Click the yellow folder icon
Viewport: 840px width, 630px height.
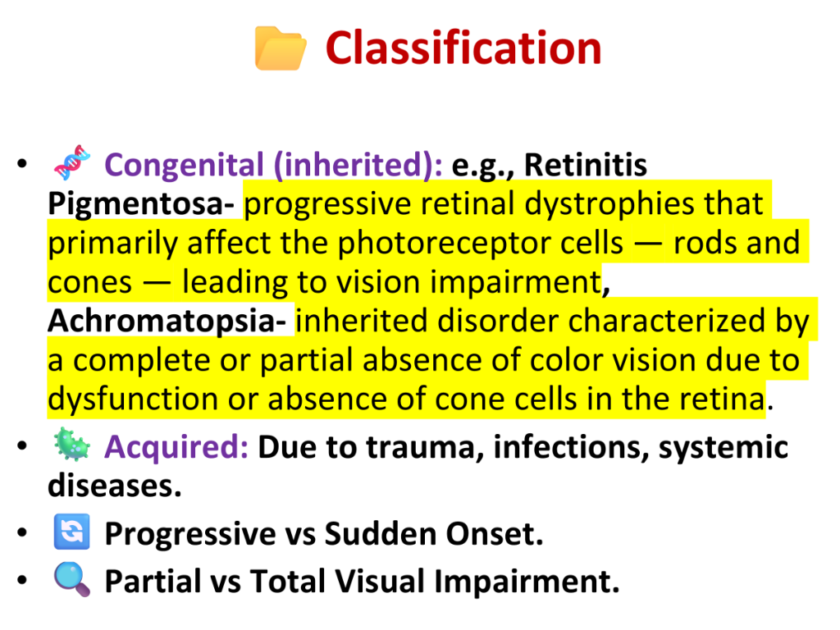281,48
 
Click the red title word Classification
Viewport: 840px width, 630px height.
463,48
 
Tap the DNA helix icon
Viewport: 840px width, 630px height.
72,162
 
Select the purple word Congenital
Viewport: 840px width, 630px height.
184,164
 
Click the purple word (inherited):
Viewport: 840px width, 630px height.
358,164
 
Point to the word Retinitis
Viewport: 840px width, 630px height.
586,164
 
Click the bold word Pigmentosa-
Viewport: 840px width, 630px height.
141,204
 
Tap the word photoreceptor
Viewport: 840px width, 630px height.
480,243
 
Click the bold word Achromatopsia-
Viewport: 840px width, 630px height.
167,321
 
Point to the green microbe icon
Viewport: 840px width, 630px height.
72,444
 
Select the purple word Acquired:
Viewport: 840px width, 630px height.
176,447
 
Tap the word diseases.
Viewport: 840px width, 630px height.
115,486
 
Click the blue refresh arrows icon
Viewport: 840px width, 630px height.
72,532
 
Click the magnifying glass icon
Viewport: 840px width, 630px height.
72,580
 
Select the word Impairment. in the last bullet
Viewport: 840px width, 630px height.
527,582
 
